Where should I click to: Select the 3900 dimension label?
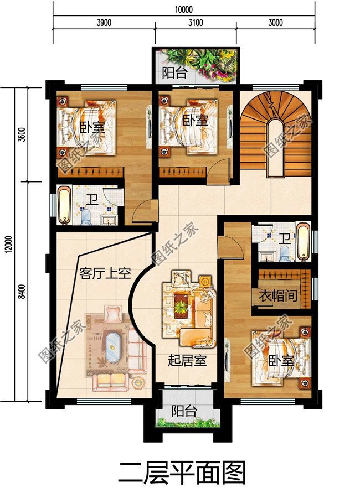(x=104, y=23)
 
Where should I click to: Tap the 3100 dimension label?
(x=195, y=23)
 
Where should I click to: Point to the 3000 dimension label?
(x=275, y=23)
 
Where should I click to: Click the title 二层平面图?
(x=182, y=473)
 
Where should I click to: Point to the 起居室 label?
(x=187, y=361)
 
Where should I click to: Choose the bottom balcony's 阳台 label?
(x=183, y=411)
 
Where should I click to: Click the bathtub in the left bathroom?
(x=64, y=205)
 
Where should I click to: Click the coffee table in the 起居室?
(x=181, y=304)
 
